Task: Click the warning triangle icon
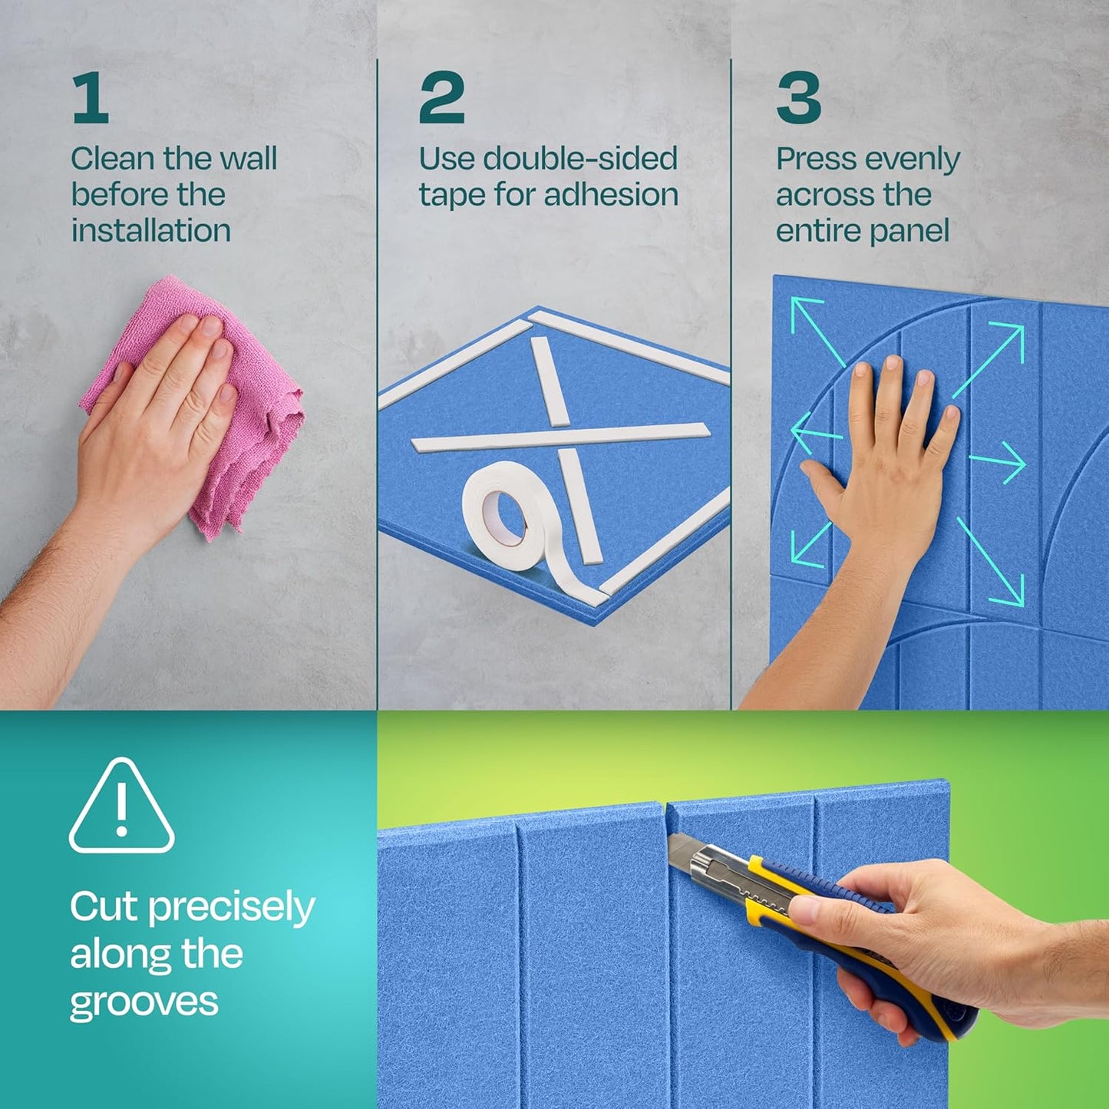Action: pyautogui.click(x=121, y=808)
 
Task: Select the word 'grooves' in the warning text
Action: pyautogui.click(x=144, y=1002)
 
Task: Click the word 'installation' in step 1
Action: pyautogui.click(x=151, y=230)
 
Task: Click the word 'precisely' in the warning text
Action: pyautogui.click(x=231, y=908)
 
